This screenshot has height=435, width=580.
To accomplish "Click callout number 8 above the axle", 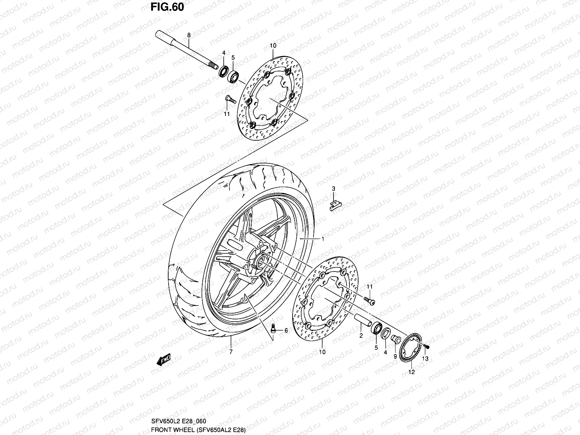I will point(188,35).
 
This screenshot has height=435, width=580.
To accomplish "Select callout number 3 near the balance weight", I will point(334,188).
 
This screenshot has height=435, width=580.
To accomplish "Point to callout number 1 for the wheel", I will point(322,239).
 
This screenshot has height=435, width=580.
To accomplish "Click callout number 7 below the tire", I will point(231,352).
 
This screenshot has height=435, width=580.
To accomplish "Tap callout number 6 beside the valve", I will point(286,330).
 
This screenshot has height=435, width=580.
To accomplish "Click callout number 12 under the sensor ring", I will point(411,372).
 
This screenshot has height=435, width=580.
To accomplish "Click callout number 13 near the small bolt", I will point(425,359).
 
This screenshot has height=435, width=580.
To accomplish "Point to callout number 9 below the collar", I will point(395,356).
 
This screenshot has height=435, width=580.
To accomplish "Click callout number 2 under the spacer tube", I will point(361,336).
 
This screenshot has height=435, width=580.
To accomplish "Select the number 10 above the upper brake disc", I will point(273,46).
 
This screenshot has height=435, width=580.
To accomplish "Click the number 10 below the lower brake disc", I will point(322,352).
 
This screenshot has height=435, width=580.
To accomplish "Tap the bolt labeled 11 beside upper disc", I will point(230,99).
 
